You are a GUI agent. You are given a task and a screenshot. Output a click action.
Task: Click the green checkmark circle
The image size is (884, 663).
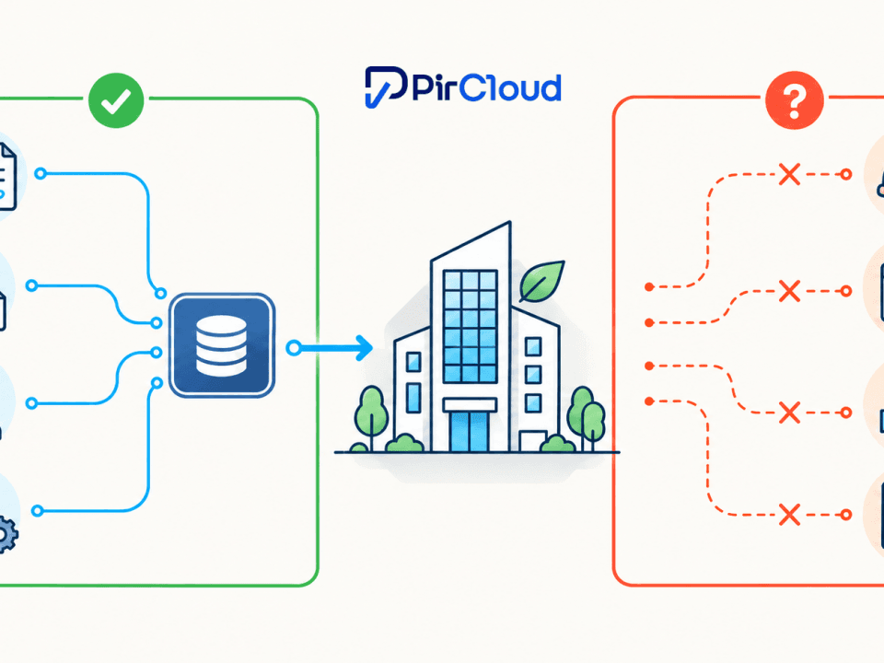116,100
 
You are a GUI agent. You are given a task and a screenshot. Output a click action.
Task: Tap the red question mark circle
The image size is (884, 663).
795,100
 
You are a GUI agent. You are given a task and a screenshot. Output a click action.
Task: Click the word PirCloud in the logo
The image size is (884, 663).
486,88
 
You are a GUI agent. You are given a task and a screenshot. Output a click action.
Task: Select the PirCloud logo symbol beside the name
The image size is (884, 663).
386,87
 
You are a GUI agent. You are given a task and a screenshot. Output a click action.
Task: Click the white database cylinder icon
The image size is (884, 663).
222,345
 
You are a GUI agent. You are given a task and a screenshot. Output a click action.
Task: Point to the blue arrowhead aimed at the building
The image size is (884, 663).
365,348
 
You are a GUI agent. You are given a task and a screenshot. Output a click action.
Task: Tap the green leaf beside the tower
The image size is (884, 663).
541,281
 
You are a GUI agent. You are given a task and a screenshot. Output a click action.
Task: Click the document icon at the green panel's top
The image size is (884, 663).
7,177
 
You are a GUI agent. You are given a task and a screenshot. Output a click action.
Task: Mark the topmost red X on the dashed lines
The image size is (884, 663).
789,174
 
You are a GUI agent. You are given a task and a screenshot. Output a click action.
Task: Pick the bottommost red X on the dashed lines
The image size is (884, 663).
789,515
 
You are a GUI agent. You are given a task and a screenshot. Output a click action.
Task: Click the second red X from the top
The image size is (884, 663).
789,291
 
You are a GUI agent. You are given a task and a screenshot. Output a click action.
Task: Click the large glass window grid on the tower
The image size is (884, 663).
471,326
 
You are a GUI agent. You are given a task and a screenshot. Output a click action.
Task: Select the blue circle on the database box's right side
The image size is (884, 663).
293,348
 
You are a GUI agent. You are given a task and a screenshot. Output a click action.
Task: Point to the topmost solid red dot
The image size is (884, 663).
649,287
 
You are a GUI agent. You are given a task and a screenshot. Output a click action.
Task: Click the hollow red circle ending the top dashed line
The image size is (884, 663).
845,174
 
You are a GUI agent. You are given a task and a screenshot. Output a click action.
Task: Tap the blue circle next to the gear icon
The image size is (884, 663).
37,511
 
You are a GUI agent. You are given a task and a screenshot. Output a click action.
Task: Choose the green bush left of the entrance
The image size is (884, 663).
405,443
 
